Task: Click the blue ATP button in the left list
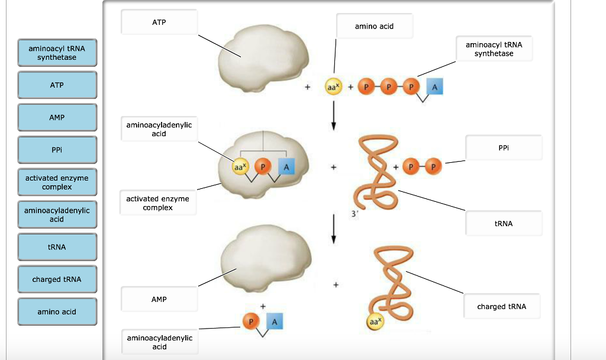tap(57, 85)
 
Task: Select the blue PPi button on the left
tap(57, 150)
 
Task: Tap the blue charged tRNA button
tap(57, 279)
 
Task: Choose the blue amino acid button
tap(57, 312)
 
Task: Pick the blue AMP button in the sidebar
tap(57, 118)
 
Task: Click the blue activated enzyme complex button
tap(57, 182)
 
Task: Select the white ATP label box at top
tap(159, 22)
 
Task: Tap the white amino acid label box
tap(374, 27)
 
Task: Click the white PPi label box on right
tap(503, 147)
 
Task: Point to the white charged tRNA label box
tap(501, 307)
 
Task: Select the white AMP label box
tap(159, 300)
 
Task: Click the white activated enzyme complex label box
tap(157, 203)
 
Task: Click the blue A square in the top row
tap(435, 87)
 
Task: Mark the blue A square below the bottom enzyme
tap(274, 321)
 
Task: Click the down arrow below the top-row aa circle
tap(334, 114)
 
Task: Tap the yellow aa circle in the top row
tap(332, 87)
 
